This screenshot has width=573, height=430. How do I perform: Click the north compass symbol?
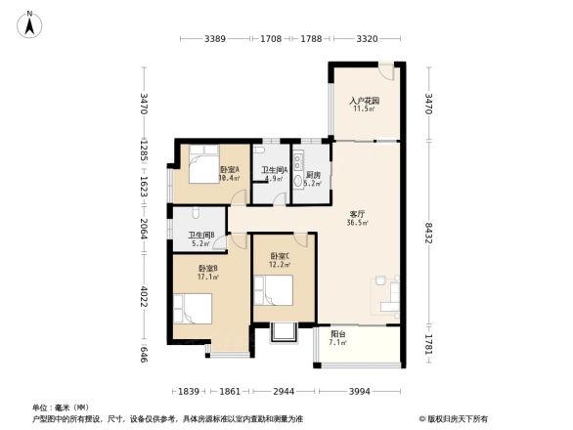coord(31,22)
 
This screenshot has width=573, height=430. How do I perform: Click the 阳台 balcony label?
coord(339,339)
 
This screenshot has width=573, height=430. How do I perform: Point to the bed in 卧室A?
coord(202,165)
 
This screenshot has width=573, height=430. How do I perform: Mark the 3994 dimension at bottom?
coord(361,391)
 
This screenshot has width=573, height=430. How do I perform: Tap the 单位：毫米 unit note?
coord(61,407)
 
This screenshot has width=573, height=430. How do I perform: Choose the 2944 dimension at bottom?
coord(284,391)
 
